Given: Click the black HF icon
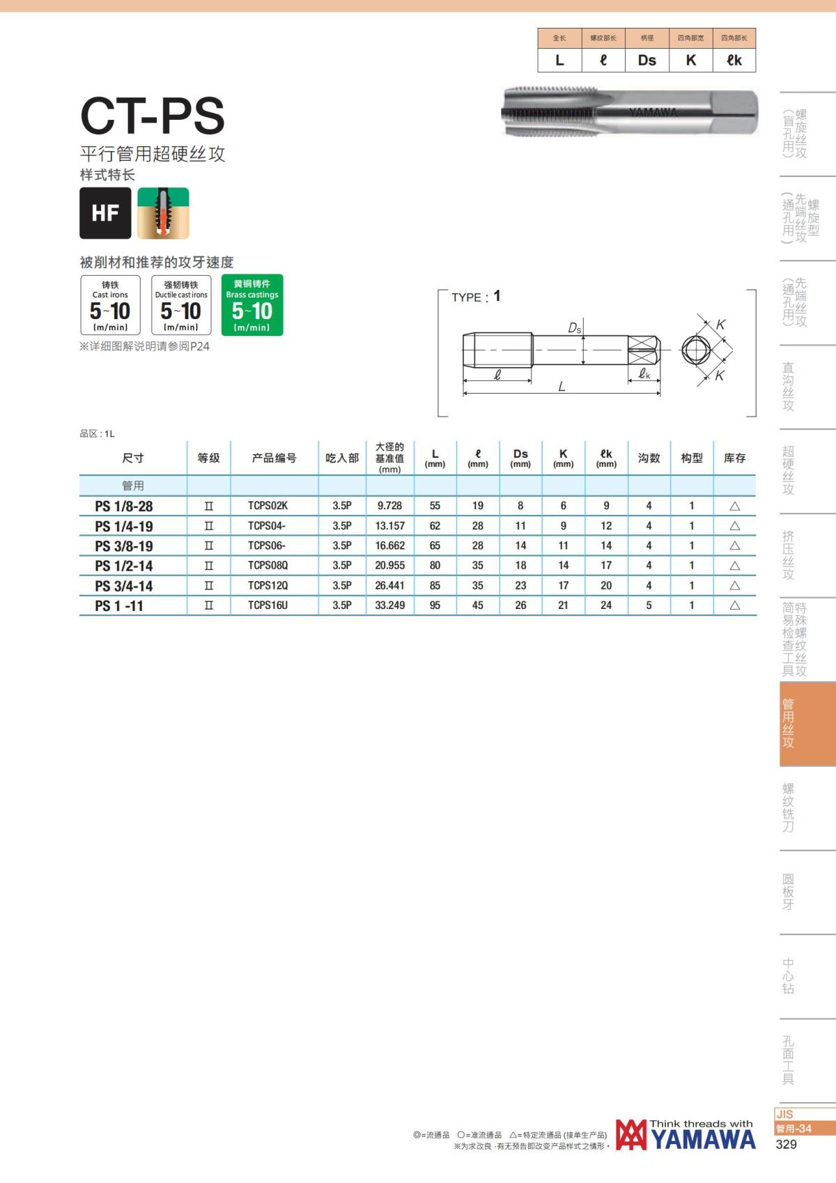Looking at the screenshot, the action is [105, 212].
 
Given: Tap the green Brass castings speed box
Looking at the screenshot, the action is [252, 304].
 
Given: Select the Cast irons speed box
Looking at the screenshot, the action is [110, 304].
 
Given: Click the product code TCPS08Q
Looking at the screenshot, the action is [268, 565].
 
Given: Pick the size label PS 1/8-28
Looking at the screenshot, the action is [123, 506].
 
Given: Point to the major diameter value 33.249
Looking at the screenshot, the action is [389, 605].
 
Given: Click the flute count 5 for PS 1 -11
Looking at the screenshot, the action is [649, 605].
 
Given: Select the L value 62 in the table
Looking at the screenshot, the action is [435, 526].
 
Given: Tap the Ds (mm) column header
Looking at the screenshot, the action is [520, 458].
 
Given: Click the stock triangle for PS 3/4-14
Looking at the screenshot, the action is [734, 586].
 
